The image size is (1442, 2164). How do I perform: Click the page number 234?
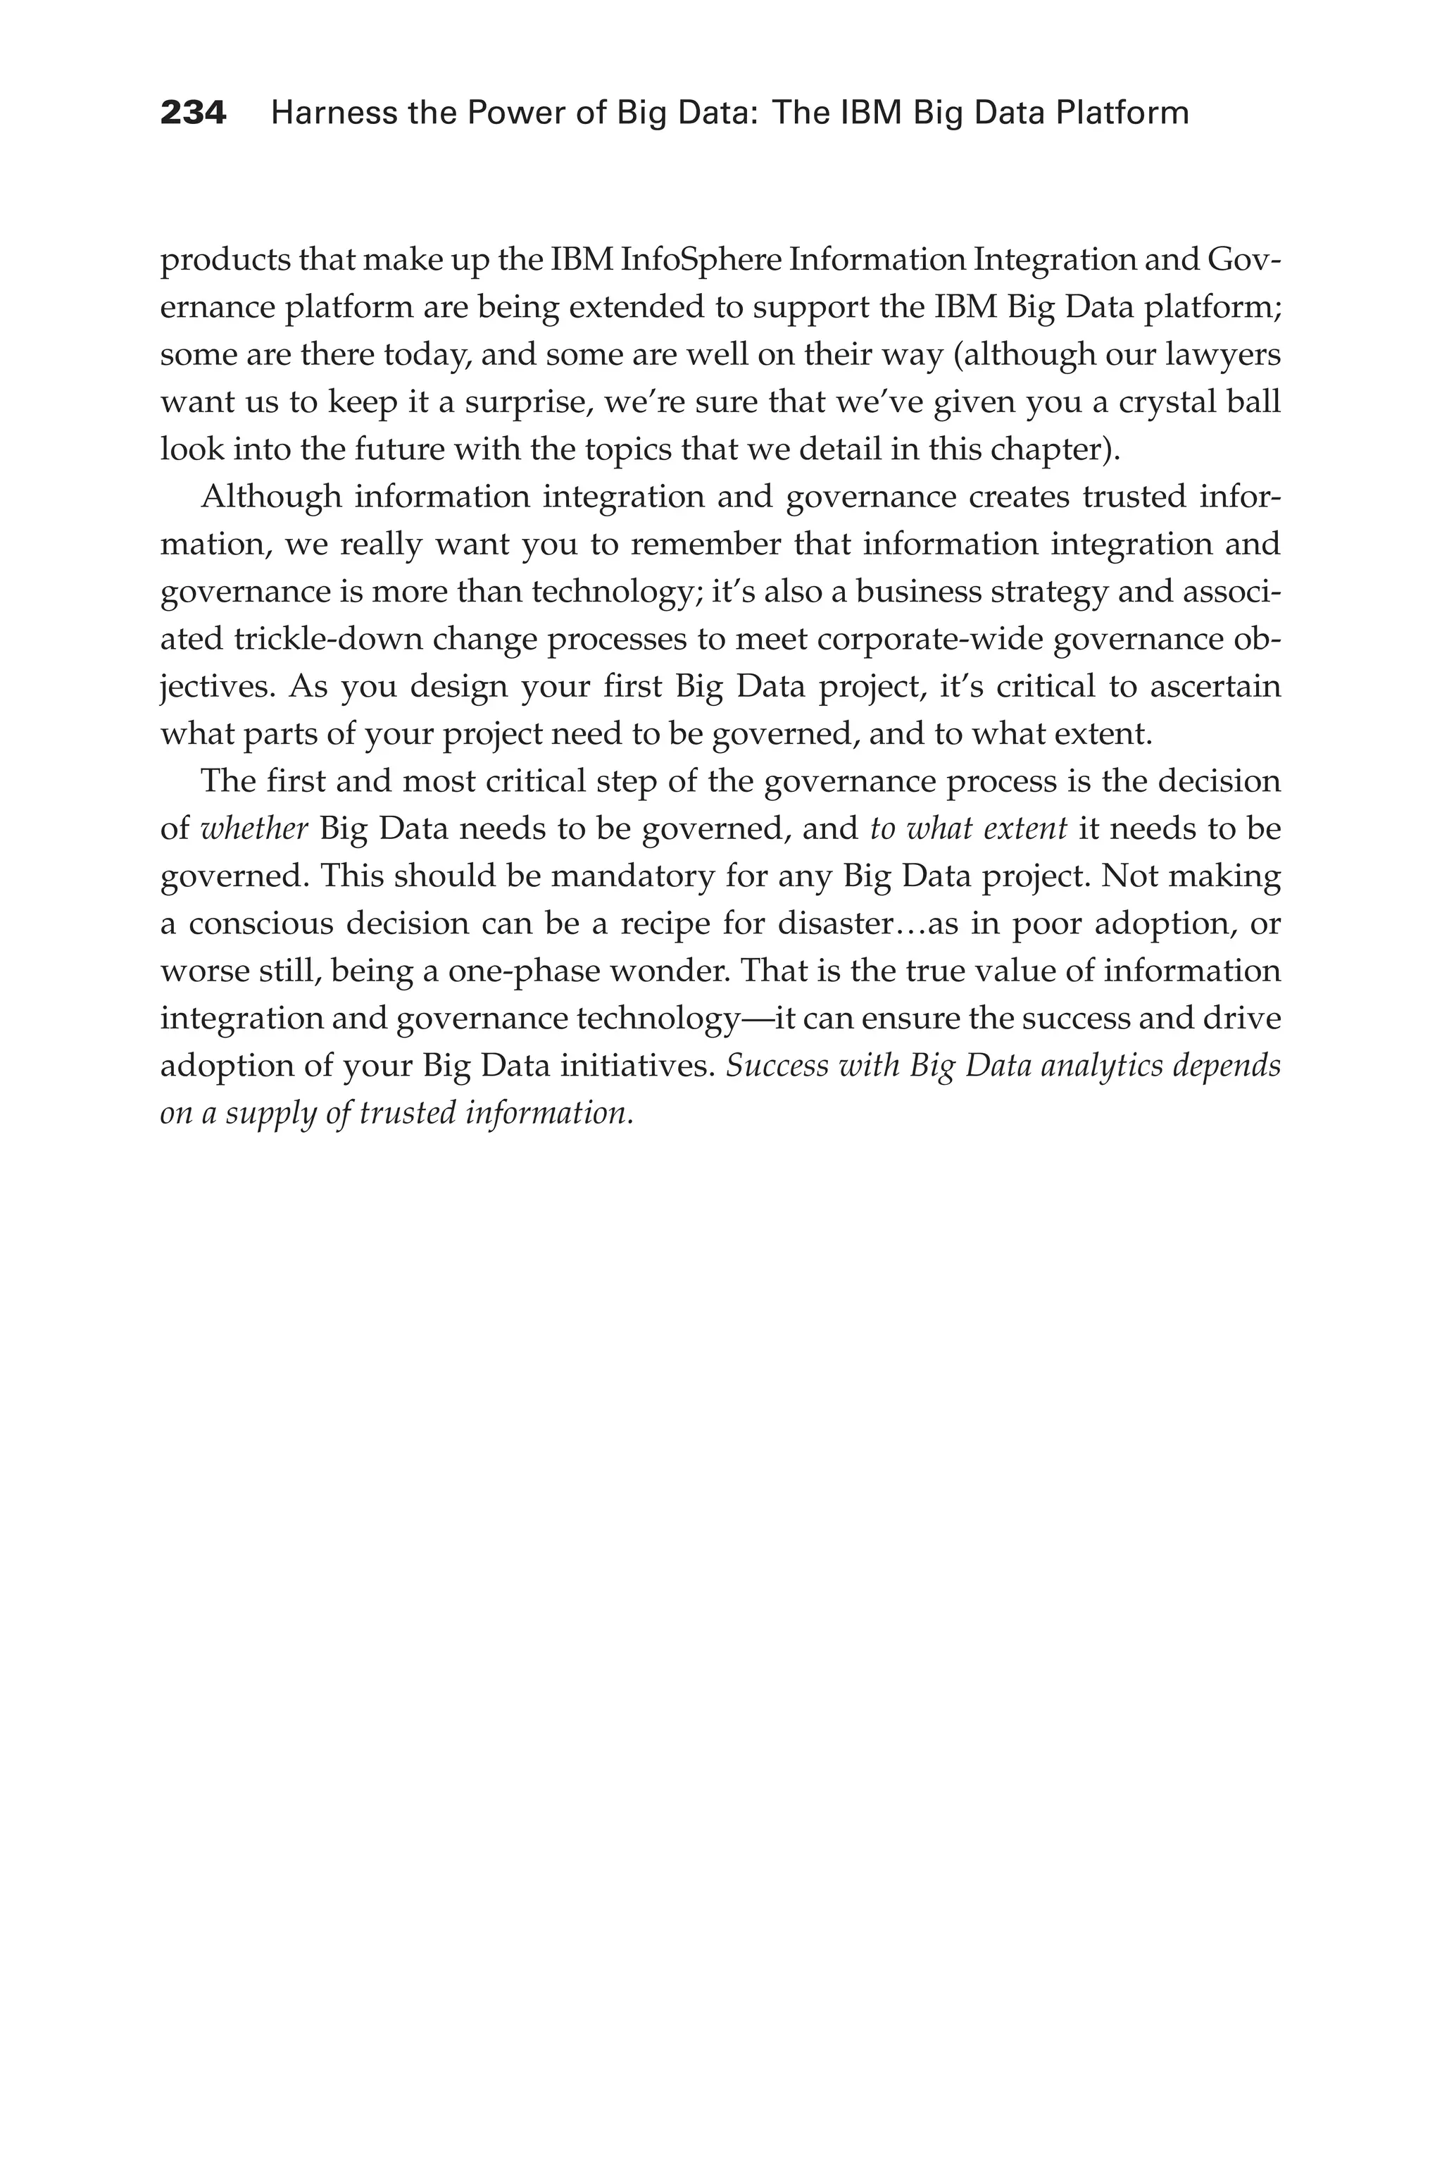point(193,113)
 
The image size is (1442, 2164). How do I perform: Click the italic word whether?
point(253,829)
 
